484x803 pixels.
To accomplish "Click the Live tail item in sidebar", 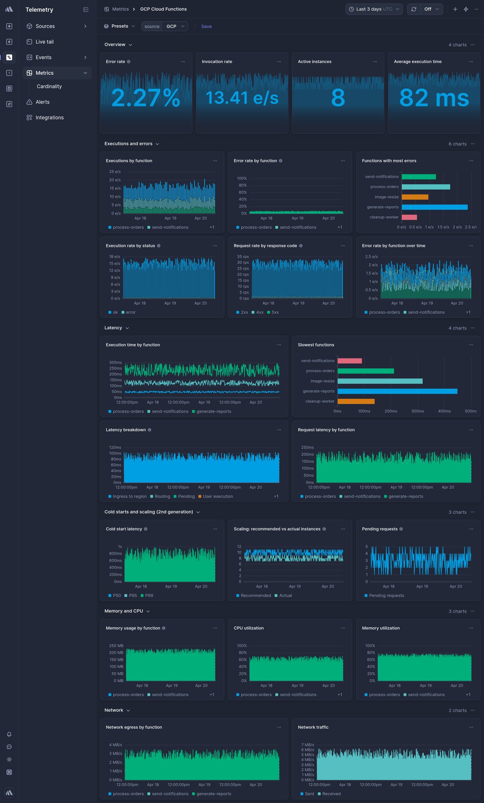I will (x=44, y=42).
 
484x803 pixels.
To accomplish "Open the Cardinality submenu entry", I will (x=49, y=87).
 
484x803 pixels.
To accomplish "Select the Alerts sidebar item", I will (x=42, y=102).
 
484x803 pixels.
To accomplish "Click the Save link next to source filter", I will (x=206, y=26).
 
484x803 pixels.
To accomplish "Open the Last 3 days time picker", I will (x=374, y=9).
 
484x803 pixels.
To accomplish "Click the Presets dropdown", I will (x=119, y=26).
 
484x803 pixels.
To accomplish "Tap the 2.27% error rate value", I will (x=146, y=98).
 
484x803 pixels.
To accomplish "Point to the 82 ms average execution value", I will (x=434, y=98).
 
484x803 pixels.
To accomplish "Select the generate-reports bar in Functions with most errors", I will (x=434, y=207).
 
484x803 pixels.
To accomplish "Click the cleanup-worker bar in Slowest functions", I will (x=356, y=401).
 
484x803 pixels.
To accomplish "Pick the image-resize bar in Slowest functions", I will (x=380, y=381).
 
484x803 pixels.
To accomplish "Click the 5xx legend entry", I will (x=275, y=313).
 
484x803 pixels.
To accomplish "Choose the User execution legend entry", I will (x=217, y=497).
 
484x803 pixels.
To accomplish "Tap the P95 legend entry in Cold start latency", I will (x=132, y=596).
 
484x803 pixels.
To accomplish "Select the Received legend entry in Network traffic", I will (x=331, y=794).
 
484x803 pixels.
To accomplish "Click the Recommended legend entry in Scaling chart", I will (x=255, y=596).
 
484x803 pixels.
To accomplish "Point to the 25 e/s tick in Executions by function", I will (x=115, y=172).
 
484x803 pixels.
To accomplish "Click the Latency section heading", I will (x=113, y=328).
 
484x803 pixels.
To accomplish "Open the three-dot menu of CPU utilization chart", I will (x=343, y=628).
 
